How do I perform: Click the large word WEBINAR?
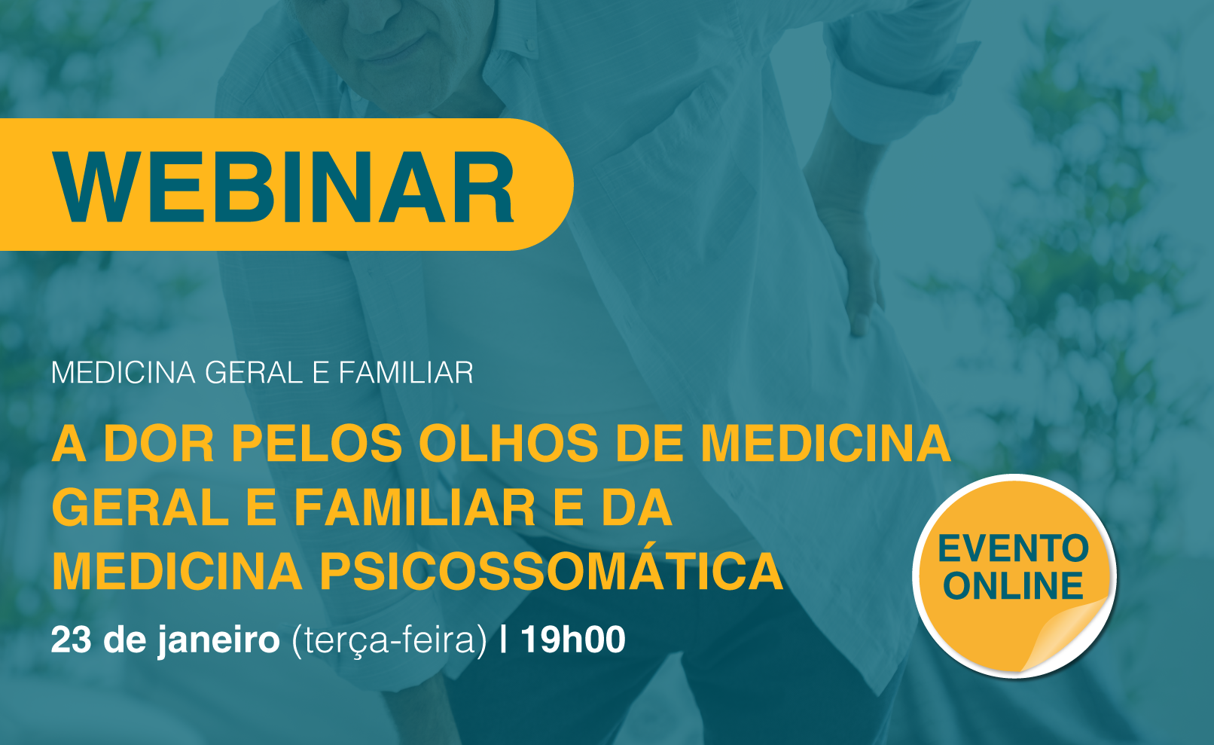coord(283,187)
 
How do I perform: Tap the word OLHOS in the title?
coord(508,444)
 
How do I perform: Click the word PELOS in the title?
coord(316,444)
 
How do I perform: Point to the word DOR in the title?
coord(158,444)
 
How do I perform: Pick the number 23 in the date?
coord(71,640)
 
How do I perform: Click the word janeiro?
coord(218,641)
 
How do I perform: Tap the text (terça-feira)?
coord(389,641)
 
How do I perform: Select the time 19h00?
coord(573,640)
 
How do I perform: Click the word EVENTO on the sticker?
coord(1013,548)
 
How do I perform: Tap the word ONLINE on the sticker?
coord(1013,586)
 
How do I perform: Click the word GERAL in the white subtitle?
coord(254,373)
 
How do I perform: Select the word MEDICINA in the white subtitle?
coord(123,373)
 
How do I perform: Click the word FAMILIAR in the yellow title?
coord(415,508)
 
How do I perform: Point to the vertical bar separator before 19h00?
coord(504,640)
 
